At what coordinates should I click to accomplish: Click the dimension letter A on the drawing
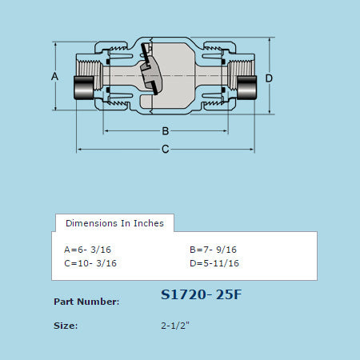54,77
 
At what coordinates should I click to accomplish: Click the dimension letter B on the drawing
165,130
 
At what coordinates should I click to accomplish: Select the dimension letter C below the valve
165,149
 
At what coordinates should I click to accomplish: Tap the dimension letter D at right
269,78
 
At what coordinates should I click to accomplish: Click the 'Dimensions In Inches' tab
114,223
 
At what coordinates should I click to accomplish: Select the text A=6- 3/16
90,249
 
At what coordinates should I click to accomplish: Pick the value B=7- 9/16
214,249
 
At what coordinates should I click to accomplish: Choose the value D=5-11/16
214,262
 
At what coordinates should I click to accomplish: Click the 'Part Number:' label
86,302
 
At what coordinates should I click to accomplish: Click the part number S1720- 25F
201,294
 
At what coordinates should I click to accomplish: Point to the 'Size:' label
66,326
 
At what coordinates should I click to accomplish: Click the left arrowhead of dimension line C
79,149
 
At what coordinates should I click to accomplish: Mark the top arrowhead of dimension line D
269,38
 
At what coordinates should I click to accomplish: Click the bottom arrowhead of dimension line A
54,110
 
